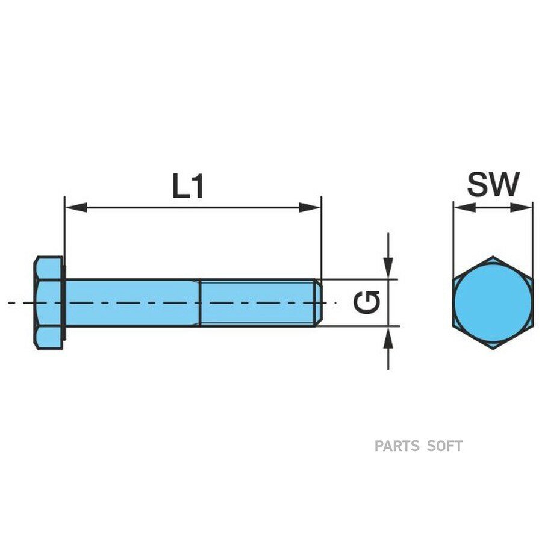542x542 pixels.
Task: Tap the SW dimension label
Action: [x=493, y=184]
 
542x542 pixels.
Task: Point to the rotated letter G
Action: [x=367, y=302]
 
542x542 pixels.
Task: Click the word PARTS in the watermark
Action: [x=397, y=446]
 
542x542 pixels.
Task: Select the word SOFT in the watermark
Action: [x=445, y=446]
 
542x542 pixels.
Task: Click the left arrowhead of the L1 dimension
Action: [x=76, y=208]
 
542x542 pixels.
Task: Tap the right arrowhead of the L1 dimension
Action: [x=310, y=208]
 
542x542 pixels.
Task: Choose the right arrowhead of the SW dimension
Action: [x=522, y=207]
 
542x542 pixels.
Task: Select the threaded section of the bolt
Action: [x=258, y=303]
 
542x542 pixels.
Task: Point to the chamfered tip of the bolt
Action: [x=319, y=303]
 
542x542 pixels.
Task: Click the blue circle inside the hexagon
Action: [x=493, y=303]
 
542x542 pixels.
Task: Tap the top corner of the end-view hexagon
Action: [x=493, y=257]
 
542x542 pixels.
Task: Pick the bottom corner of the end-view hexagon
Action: [x=493, y=349]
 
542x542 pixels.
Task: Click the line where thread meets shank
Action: [x=200, y=303]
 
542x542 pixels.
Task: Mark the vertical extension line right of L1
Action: [x=322, y=238]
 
